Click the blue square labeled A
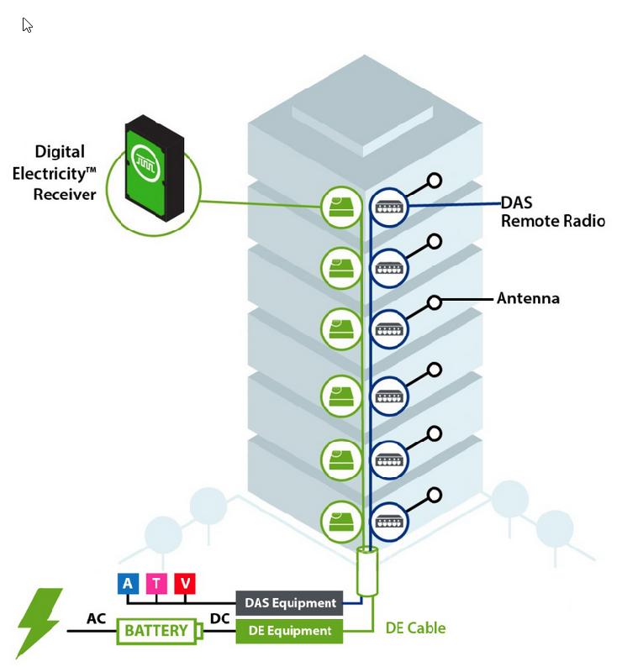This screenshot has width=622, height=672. [128, 584]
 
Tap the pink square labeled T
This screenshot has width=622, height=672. [156, 584]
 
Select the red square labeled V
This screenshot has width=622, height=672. [185, 584]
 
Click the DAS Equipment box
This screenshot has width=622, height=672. [290, 602]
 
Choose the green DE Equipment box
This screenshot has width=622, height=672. [290, 631]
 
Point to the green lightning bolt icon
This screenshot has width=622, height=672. [39, 622]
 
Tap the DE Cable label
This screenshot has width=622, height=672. [415, 628]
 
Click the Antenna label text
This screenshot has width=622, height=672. [528, 298]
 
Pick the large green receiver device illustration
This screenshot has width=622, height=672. [155, 168]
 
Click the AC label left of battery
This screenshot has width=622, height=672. [97, 619]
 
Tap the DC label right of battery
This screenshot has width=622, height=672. [219, 619]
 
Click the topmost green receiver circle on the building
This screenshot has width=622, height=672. [340, 207]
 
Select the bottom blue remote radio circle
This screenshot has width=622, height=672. [388, 520]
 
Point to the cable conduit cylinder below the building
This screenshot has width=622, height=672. [367, 571]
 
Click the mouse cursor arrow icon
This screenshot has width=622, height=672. [27, 25]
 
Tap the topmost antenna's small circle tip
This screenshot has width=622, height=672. [435, 180]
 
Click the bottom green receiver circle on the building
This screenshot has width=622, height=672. [340, 520]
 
